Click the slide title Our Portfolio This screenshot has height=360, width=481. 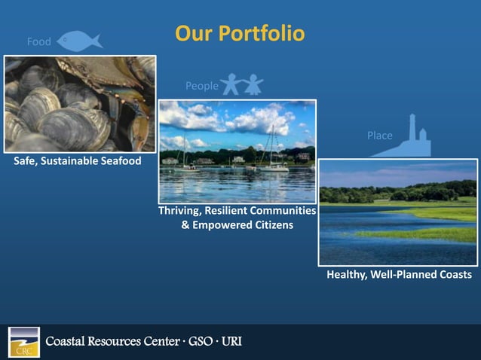coord(240,34)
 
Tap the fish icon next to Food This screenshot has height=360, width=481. coord(79,41)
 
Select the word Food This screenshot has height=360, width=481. coord(39,41)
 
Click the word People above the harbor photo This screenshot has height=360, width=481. coord(201,86)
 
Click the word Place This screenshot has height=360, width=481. coord(379,136)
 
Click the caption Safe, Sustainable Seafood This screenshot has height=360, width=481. coord(77,161)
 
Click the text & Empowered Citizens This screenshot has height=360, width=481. coord(237,225)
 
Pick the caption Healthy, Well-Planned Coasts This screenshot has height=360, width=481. coord(399,275)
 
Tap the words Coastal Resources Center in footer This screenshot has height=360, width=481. coord(112,343)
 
